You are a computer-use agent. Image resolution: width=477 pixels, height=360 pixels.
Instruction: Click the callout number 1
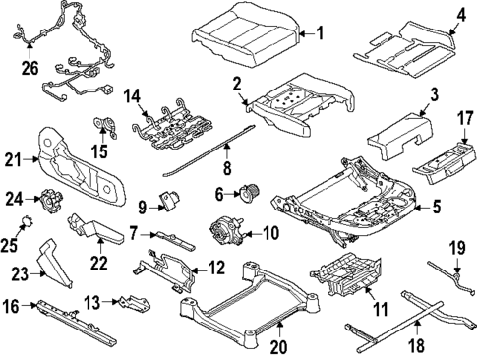click(x=317, y=33)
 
